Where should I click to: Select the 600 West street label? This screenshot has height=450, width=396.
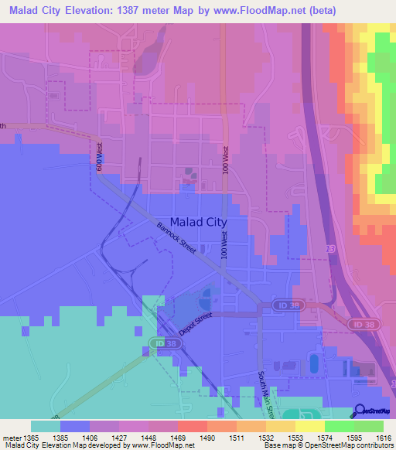point(99,157)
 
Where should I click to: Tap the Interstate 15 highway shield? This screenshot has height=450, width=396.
point(331,250)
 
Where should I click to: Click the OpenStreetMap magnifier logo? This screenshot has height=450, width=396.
point(360,412)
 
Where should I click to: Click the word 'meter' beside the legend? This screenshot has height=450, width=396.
point(12,438)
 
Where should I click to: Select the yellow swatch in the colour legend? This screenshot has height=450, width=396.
point(309,426)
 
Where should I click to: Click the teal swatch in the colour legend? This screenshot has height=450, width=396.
point(45,426)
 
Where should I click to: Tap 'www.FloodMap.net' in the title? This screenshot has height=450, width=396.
point(281,10)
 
